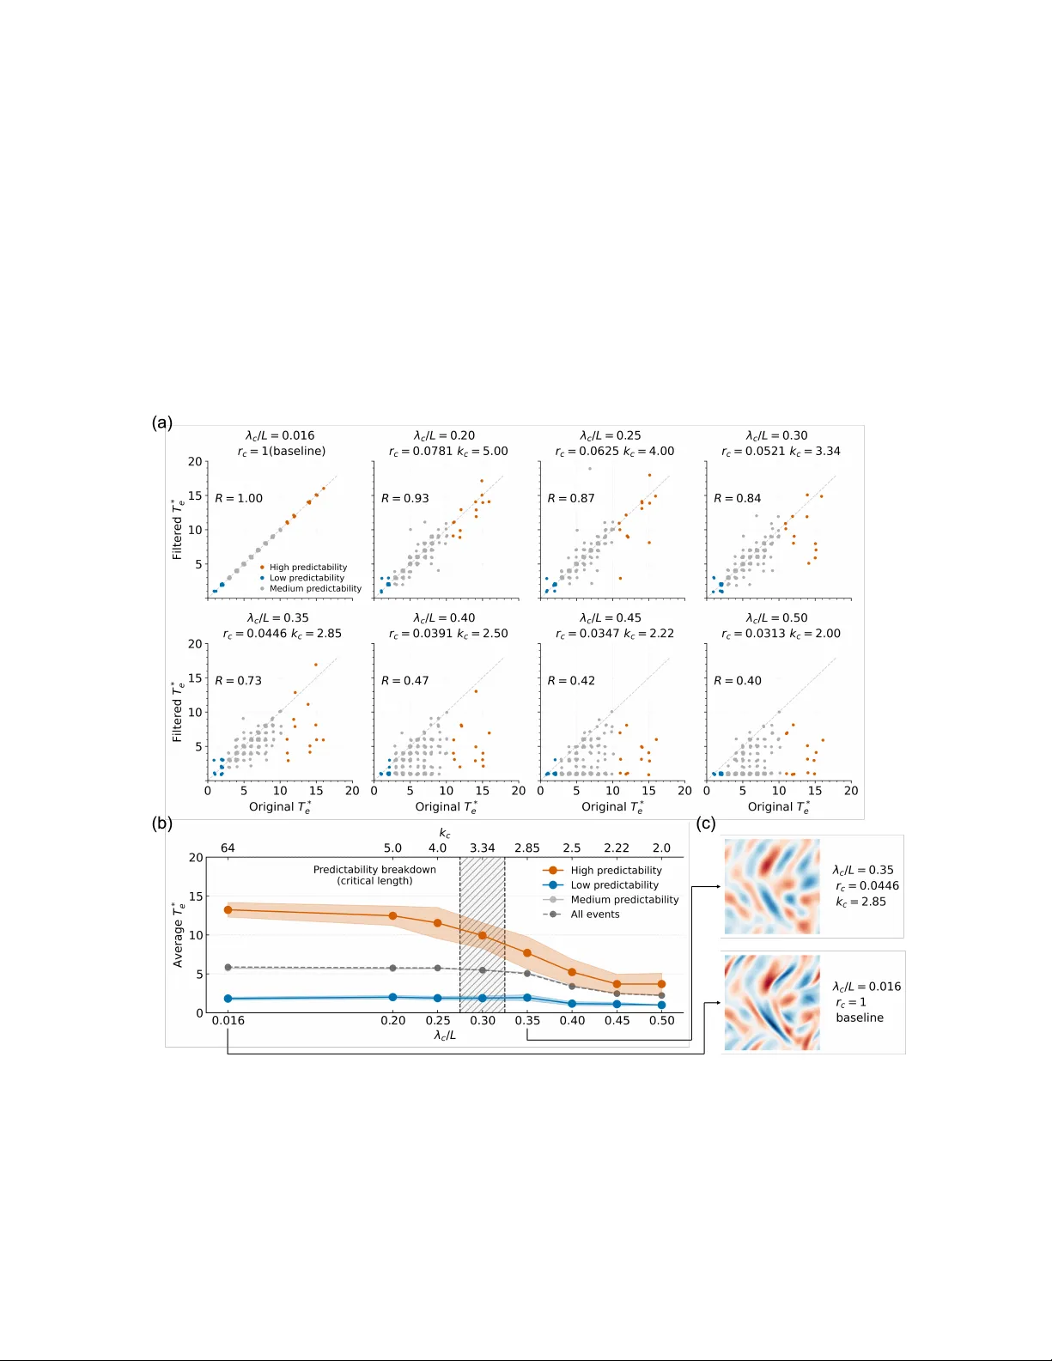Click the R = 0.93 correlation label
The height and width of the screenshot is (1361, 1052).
click(404, 498)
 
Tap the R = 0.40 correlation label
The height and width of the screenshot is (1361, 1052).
click(738, 680)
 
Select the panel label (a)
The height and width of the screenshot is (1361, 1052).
click(162, 422)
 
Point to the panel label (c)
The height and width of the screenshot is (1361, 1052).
click(706, 823)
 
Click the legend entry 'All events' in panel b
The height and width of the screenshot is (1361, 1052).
click(594, 914)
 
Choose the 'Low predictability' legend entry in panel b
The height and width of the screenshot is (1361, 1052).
click(614, 885)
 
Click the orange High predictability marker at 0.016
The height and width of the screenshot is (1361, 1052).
click(228, 909)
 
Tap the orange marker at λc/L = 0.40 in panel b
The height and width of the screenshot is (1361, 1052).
click(572, 972)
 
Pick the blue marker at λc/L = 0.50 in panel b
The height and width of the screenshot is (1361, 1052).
click(661, 1005)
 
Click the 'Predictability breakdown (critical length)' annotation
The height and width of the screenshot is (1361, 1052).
click(374, 875)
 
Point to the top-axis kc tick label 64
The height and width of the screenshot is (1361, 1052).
click(228, 848)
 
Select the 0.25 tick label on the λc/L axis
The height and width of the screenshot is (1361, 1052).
click(438, 1020)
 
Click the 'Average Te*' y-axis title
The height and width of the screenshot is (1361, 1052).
click(178, 934)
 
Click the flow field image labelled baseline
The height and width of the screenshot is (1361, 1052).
click(772, 1002)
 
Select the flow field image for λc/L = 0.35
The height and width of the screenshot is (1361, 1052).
click(772, 886)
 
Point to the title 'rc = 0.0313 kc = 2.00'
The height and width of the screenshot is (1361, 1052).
click(780, 633)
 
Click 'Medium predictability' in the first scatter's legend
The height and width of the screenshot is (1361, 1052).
click(315, 588)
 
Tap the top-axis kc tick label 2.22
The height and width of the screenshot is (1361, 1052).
click(616, 848)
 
